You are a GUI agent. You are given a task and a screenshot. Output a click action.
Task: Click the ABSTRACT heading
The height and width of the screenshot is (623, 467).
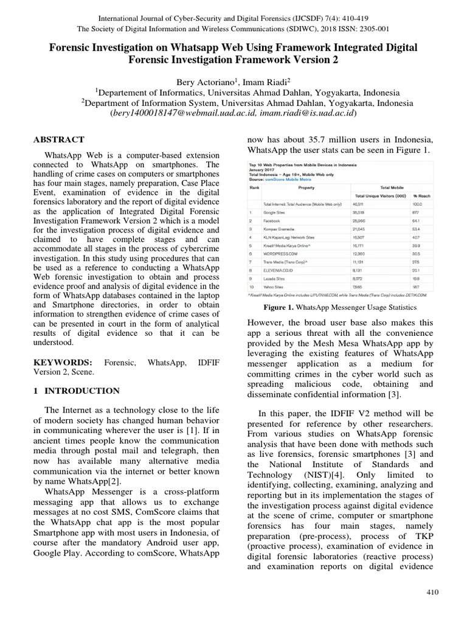pos(59,139)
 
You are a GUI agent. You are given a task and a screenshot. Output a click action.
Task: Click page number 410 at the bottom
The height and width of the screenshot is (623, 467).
pos(432,592)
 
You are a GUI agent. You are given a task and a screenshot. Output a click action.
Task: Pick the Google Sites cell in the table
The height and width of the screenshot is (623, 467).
pos(275,212)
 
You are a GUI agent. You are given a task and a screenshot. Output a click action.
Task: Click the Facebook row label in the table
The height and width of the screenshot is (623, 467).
pos(272,221)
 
